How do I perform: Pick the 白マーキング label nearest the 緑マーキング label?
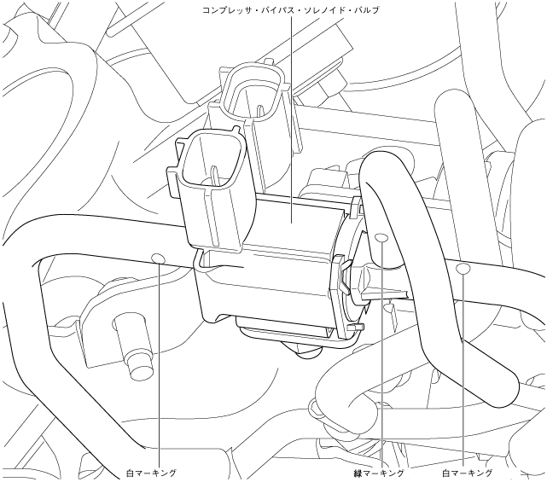click(x=468, y=472)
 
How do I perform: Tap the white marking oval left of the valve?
click(x=157, y=257)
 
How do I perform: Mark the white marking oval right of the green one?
click(x=463, y=270)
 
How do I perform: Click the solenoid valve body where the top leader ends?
click(x=293, y=224)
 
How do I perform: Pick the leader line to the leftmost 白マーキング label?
click(x=159, y=367)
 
